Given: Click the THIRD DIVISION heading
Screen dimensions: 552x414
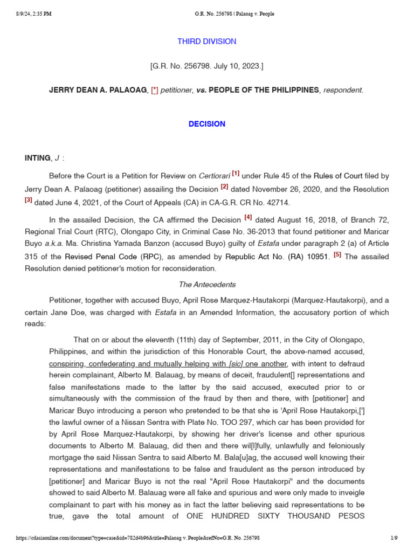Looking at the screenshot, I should (206, 42).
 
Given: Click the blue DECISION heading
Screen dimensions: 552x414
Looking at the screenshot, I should (206, 124).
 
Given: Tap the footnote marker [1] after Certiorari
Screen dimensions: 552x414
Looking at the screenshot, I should (236, 174).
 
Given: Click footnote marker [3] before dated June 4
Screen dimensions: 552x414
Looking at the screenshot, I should (29, 200).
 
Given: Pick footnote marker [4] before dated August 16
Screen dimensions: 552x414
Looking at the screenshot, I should (248, 218).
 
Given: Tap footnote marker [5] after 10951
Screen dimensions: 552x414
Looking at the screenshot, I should (337, 255).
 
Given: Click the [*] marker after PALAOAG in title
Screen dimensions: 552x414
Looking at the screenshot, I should (154, 91).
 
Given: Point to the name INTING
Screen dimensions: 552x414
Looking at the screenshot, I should (37, 158).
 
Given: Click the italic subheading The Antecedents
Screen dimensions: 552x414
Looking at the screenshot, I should (207, 285).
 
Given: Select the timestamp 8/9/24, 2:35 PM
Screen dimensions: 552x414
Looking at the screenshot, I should (33, 14).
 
